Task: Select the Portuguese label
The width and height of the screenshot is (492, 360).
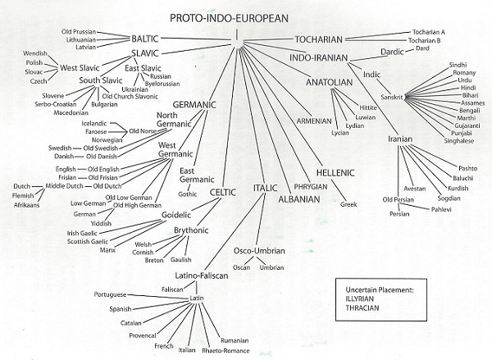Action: (109, 294)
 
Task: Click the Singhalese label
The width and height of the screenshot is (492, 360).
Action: (463, 139)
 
